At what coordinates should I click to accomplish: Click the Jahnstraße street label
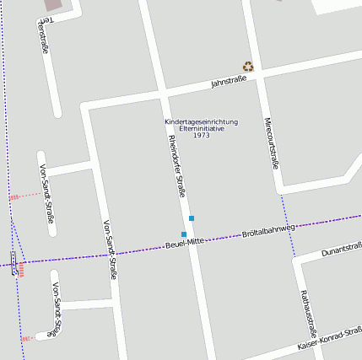click(x=228, y=81)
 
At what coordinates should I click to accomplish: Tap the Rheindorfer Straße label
click(x=176, y=165)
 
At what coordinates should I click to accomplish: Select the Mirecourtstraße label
click(x=269, y=142)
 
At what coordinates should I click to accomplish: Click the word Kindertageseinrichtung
click(x=201, y=121)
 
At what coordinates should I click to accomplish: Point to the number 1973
click(x=201, y=135)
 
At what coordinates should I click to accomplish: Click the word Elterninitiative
click(x=201, y=128)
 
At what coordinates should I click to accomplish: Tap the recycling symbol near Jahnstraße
click(x=248, y=66)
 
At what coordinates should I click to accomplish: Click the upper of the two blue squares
click(x=192, y=218)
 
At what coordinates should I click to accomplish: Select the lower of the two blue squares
click(x=184, y=234)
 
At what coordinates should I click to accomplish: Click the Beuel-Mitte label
click(x=186, y=243)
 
